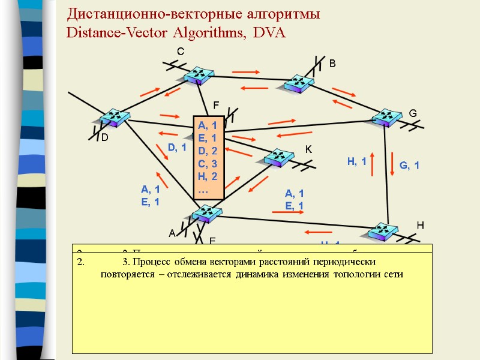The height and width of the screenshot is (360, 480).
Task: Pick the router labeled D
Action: click(x=113, y=118)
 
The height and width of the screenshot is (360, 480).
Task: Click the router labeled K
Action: click(x=279, y=157)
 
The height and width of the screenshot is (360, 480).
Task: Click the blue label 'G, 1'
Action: click(x=409, y=165)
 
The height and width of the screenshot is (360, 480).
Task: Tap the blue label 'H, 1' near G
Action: click(x=357, y=161)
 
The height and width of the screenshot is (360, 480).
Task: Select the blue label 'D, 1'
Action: click(x=177, y=147)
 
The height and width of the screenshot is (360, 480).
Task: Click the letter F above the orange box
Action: click(x=217, y=105)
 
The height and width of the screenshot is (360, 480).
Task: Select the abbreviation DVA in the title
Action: click(x=270, y=32)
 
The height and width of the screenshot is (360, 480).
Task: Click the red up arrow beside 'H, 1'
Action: click(x=373, y=163)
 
